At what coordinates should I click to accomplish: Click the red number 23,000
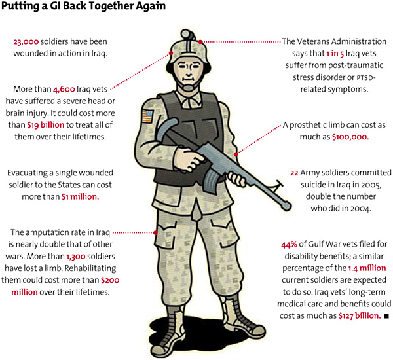click(26, 42)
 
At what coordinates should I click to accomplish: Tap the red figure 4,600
click(64, 90)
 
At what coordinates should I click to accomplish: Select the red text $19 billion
click(46, 125)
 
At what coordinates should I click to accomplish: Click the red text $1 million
click(80, 197)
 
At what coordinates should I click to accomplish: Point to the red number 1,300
click(76, 257)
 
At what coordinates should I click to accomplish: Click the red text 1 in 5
click(335, 54)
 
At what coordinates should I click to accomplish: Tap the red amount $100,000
click(350, 137)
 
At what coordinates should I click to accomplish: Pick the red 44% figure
click(290, 244)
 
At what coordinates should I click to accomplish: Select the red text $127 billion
click(360, 316)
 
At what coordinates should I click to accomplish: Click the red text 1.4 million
click(367, 268)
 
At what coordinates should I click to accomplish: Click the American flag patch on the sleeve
click(147, 117)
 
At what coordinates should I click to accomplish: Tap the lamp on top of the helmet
click(187, 34)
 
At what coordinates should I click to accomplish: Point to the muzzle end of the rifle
click(286, 206)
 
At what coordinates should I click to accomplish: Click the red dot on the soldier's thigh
click(155, 233)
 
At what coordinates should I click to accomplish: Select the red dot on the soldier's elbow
click(236, 154)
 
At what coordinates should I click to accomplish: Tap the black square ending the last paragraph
click(386, 316)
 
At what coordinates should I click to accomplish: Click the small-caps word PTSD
click(365, 78)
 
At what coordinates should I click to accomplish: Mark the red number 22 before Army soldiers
click(294, 173)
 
